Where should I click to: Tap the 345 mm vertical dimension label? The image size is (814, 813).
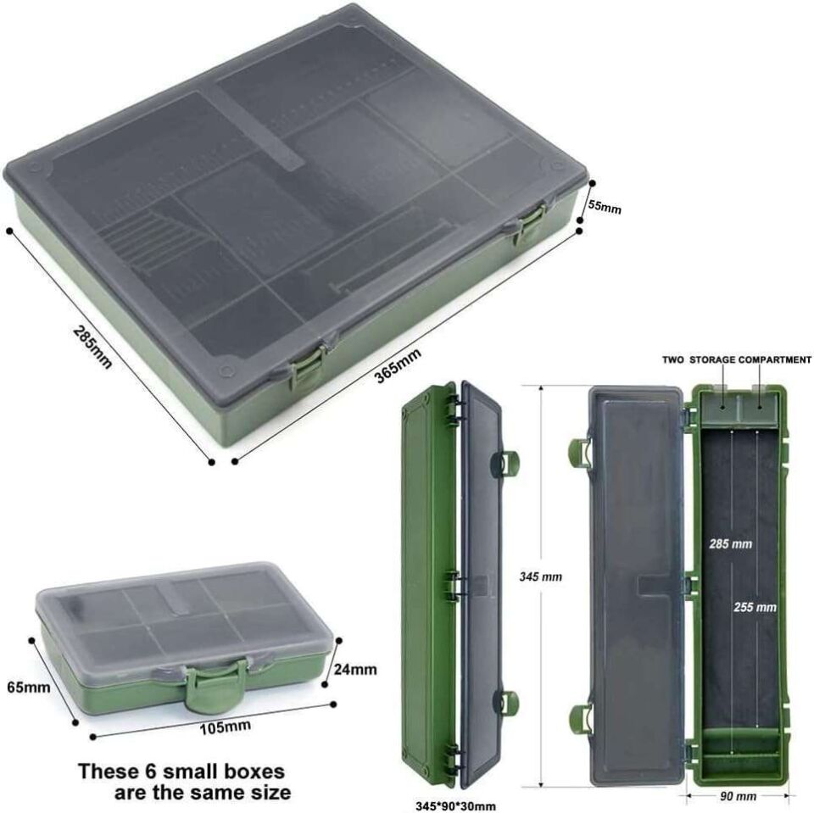click(540, 576)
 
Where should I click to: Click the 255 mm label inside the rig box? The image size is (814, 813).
click(755, 607)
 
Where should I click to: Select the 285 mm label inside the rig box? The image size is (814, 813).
click(730, 543)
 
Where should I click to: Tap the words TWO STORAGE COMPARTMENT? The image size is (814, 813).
click(736, 360)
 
